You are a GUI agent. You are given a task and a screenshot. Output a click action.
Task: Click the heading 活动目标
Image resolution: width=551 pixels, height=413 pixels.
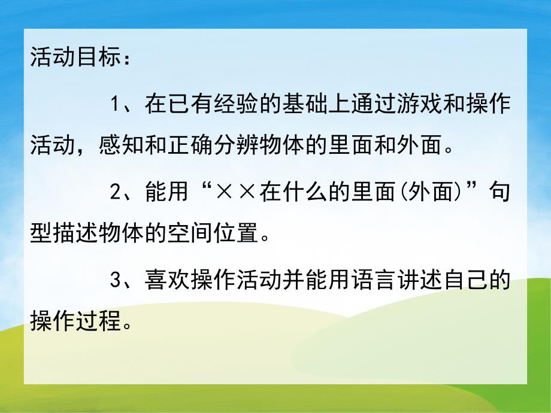[76, 60]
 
